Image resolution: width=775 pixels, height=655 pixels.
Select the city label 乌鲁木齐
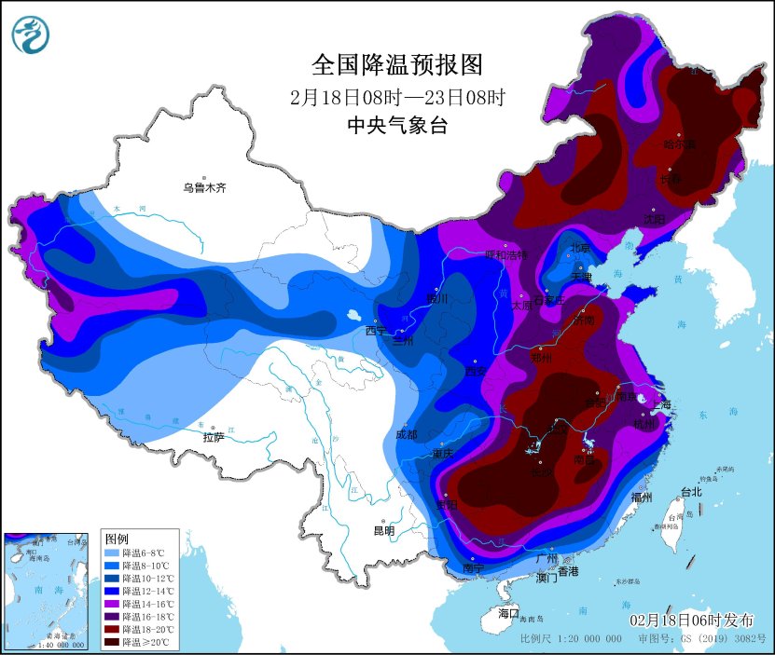pyautogui.click(x=204, y=188)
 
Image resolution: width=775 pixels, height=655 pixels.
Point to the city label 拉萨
pyautogui.click(x=214, y=436)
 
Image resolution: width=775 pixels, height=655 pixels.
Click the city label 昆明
pyautogui.click(x=384, y=531)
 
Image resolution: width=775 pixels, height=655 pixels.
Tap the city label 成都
pyautogui.click(x=406, y=434)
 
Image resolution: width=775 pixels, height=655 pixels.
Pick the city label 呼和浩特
pyautogui.click(x=505, y=254)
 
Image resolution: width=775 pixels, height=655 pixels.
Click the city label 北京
pyautogui.click(x=580, y=248)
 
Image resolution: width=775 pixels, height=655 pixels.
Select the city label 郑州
pyautogui.click(x=542, y=358)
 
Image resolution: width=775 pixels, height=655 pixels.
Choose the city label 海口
pyautogui.click(x=507, y=614)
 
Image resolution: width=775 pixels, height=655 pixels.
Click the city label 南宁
pyautogui.click(x=473, y=567)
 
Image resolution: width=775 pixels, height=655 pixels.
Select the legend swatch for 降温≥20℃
pyautogui.click(x=114, y=642)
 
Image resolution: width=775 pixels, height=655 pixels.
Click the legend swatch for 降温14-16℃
pyautogui.click(x=114, y=604)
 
